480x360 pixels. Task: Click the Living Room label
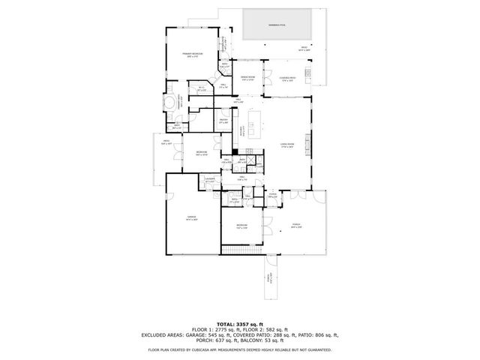286,145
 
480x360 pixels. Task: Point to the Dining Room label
247,78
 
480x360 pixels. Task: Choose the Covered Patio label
287,78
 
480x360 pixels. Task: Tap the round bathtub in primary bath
171,102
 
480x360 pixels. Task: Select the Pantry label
223,121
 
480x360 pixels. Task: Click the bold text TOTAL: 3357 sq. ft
239,323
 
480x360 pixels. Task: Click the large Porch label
295,226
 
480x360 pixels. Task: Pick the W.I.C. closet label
201,89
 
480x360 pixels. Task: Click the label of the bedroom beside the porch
241,226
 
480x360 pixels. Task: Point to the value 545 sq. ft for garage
204,334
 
